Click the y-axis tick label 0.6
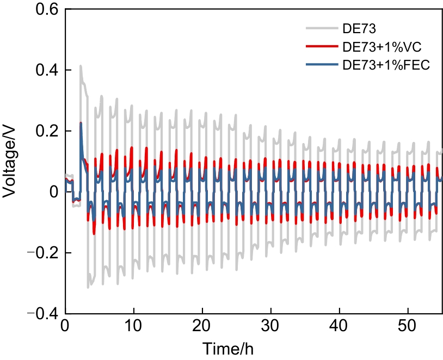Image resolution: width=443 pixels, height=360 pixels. click(x=44, y=10)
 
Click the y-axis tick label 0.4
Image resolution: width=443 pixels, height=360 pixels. click(x=44, y=71)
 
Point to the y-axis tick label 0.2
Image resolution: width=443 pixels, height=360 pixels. click(x=44, y=132)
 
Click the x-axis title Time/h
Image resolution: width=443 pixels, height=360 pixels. click(x=228, y=347)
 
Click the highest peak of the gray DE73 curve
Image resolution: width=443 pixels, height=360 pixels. click(x=81, y=66)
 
